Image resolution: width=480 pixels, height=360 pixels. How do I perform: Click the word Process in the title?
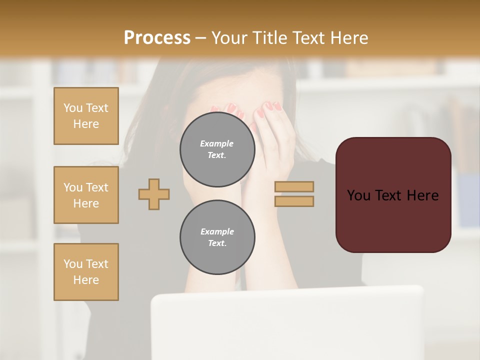(157, 38)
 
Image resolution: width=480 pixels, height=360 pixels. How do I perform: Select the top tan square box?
(86, 116)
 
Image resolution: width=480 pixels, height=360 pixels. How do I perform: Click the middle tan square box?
(86, 195)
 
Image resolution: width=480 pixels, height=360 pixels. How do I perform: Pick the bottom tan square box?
(86, 272)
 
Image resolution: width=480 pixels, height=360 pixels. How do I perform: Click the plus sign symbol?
(154, 194)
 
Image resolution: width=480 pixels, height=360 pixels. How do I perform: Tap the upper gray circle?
(217, 149)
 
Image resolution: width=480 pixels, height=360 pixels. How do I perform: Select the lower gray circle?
(217, 237)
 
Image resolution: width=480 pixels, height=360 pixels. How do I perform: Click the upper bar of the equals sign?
(294, 187)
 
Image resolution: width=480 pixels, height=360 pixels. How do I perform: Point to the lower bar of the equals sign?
(294, 201)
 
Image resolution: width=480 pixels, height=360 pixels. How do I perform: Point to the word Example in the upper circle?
(217, 144)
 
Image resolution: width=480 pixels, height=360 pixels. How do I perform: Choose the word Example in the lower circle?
(217, 232)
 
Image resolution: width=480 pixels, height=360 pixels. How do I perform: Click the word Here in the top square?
(86, 124)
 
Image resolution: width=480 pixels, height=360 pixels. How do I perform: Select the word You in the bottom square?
(73, 264)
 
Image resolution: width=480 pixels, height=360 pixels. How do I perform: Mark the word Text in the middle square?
(97, 187)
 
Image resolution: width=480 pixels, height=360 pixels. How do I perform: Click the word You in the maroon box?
(358, 195)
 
